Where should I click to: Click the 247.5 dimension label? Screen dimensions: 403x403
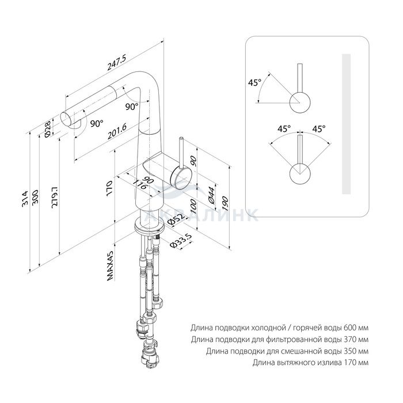pyautogui.click(x=117, y=62)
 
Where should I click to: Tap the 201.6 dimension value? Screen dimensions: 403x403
pyautogui.click(x=117, y=131)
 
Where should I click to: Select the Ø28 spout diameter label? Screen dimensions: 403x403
pyautogui.click(x=48, y=130)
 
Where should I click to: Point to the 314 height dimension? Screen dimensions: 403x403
pyautogui.click(x=25, y=199)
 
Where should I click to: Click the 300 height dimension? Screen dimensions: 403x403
pyautogui.click(x=35, y=197)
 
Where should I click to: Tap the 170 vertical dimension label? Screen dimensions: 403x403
pyautogui.click(x=109, y=188)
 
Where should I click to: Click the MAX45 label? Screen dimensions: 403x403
pyautogui.click(x=110, y=266)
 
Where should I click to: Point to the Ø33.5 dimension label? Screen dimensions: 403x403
pyautogui.click(x=181, y=241)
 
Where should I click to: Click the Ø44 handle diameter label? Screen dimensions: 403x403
pyautogui.click(x=211, y=195)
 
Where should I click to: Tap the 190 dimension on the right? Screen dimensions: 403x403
pyautogui.click(x=225, y=204)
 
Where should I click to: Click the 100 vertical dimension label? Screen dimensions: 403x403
pyautogui.click(x=193, y=206)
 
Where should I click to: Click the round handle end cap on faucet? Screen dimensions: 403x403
pyautogui.click(x=181, y=177)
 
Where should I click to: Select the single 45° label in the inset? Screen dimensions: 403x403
pyautogui.click(x=254, y=83)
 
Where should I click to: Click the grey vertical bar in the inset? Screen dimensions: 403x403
pyautogui.click(x=346, y=124)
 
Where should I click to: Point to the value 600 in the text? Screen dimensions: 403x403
pyautogui.click(x=350, y=328)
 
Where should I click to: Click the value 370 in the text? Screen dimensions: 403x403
pyautogui.click(x=350, y=340)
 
